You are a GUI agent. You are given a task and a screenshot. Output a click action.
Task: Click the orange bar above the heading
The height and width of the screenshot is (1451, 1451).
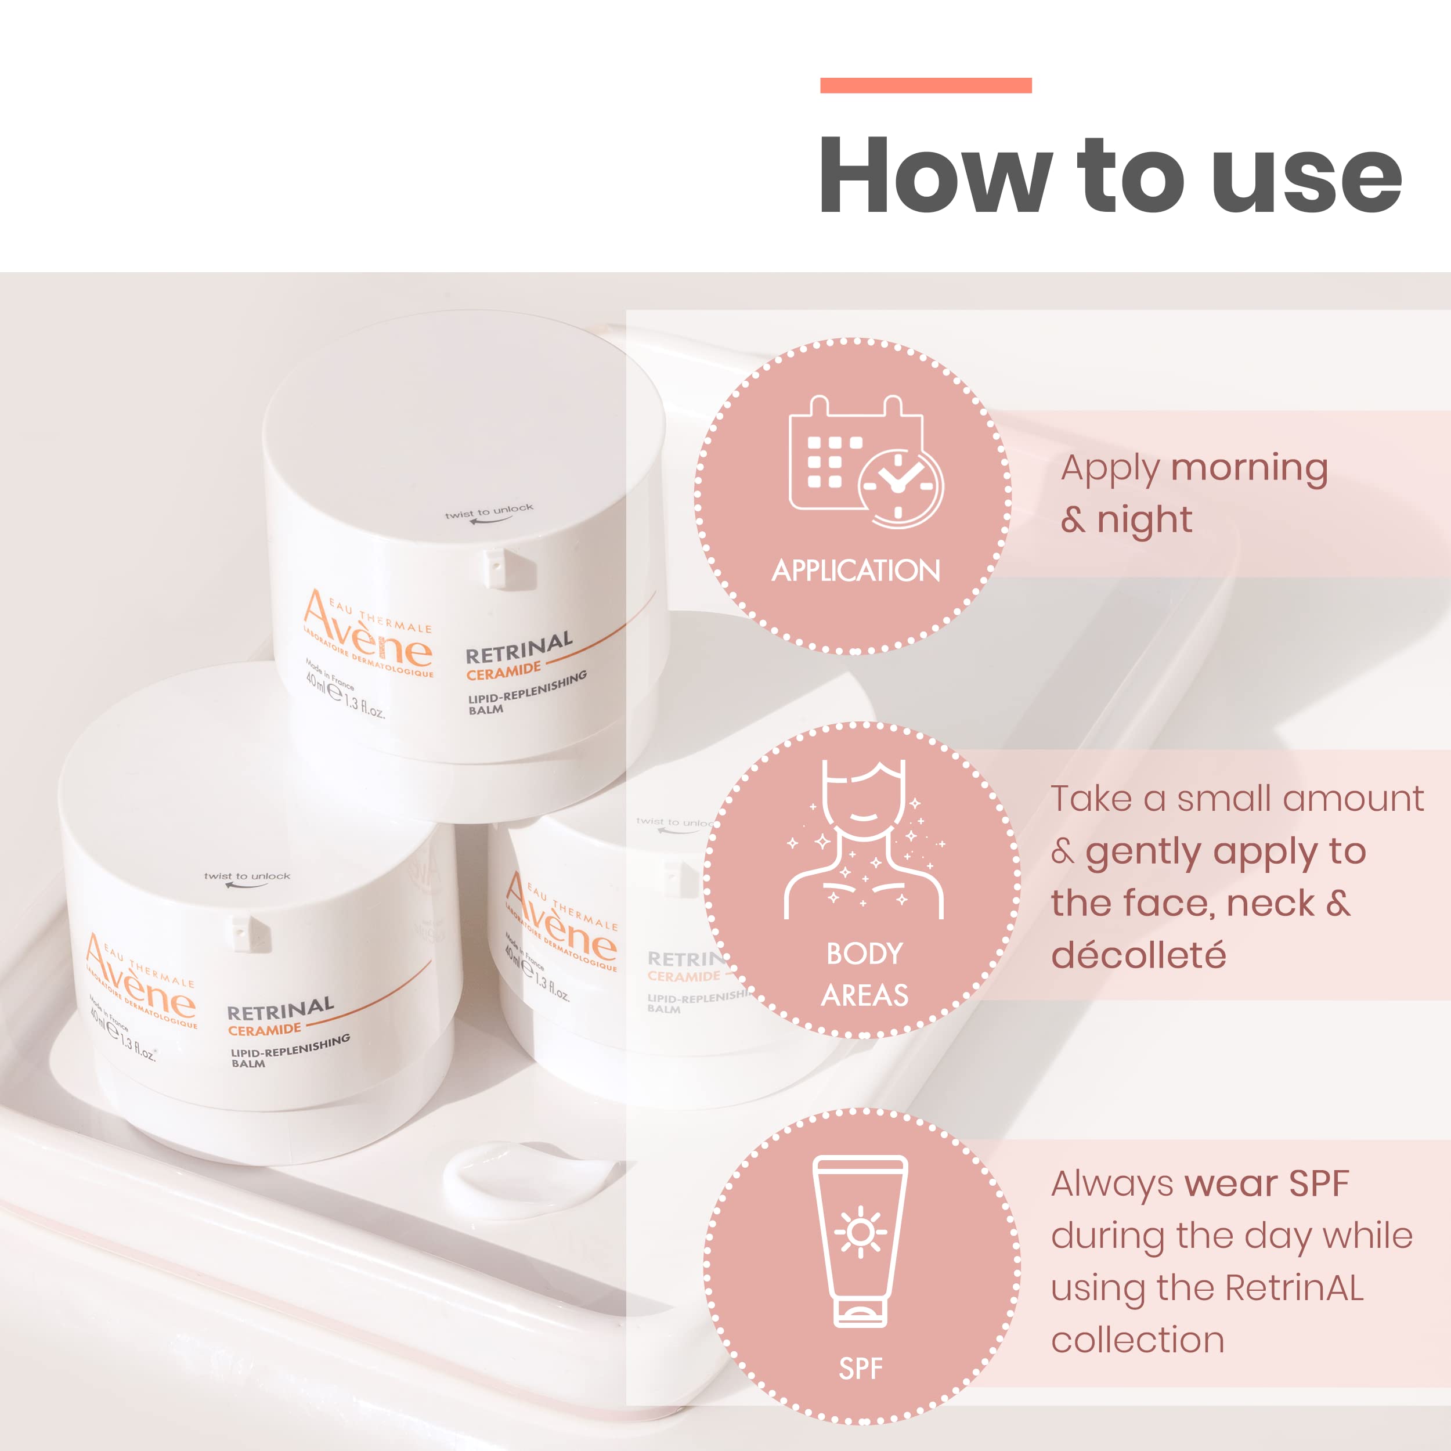pyautogui.click(x=925, y=86)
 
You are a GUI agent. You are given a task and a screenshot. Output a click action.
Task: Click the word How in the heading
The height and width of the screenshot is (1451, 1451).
pyautogui.click(x=934, y=175)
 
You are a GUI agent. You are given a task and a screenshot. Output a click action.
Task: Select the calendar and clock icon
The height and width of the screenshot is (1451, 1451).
pyautogui.click(x=865, y=461)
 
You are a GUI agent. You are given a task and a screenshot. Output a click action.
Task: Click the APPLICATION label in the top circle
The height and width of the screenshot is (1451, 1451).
pyautogui.click(x=856, y=571)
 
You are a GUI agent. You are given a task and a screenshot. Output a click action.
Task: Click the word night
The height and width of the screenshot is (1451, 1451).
pyautogui.click(x=1144, y=519)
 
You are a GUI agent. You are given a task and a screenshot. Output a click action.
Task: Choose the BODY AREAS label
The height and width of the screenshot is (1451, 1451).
pyautogui.click(x=864, y=974)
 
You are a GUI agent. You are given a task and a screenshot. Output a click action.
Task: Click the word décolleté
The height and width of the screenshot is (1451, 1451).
pyautogui.click(x=1138, y=955)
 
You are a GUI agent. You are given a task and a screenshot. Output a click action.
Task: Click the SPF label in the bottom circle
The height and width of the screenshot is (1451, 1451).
pyautogui.click(x=861, y=1369)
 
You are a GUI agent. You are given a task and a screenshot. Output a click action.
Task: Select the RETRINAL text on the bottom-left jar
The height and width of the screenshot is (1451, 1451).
pyautogui.click(x=280, y=1009)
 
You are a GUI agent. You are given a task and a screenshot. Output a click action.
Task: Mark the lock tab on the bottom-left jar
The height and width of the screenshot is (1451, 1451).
pyautogui.click(x=251, y=933)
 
